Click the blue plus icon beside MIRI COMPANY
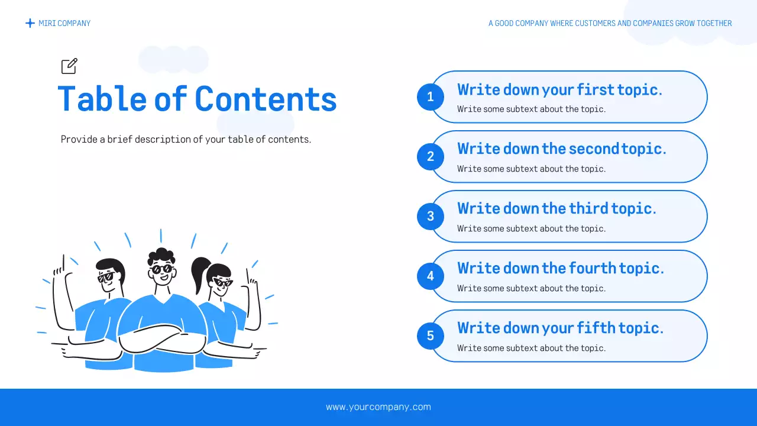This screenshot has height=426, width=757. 30,23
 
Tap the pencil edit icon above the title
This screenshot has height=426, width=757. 69,66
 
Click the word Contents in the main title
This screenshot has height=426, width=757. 266,99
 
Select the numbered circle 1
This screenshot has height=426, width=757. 430,96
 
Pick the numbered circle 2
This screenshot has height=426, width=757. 430,156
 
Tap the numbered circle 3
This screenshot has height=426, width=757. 430,216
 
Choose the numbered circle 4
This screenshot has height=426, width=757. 430,276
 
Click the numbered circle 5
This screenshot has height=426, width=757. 430,335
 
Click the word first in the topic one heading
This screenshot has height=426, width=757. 596,89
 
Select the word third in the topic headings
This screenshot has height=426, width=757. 588,209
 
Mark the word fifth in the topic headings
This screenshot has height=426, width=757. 596,328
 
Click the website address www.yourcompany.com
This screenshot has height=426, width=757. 378,407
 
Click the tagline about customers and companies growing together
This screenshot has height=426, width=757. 610,24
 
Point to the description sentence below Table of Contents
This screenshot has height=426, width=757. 186,140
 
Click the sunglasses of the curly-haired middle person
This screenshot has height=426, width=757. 161,269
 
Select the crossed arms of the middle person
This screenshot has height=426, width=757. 161,341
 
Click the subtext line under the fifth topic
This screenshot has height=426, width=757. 531,348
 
